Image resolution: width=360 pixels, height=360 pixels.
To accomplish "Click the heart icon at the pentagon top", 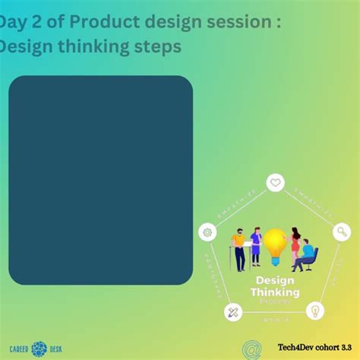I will point(276,183).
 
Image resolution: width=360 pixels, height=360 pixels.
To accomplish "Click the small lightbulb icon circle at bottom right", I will point(314,311).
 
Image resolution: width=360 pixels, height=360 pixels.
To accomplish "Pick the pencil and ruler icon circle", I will point(233,311).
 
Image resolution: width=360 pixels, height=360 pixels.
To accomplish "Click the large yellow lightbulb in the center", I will point(274,244).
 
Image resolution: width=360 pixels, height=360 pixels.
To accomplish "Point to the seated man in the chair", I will point(305,254).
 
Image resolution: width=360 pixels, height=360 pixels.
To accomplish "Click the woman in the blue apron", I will point(257,245).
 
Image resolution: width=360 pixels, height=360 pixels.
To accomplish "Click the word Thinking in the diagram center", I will point(275,292).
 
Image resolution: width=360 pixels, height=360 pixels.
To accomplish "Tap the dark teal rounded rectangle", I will point(100,179).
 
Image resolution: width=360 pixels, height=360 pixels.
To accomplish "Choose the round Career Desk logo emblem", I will point(39,349).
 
